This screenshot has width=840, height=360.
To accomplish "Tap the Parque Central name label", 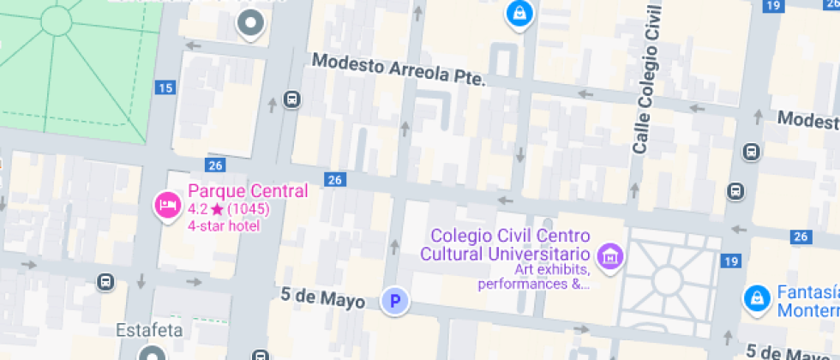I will (x=248, y=191).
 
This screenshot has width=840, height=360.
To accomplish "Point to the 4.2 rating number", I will (x=198, y=209).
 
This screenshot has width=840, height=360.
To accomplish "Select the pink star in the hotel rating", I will (x=218, y=209).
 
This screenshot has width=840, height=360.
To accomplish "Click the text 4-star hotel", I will (x=224, y=226).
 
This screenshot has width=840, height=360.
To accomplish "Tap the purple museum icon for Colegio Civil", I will (x=611, y=255).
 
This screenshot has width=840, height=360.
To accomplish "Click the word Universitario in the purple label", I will (x=537, y=254).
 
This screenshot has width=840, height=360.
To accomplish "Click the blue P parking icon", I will (x=395, y=301).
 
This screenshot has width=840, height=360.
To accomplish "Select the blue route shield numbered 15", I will (x=166, y=87).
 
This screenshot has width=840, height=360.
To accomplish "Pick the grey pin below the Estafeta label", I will (x=153, y=353).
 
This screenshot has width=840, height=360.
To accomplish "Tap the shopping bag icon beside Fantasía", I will (x=757, y=297).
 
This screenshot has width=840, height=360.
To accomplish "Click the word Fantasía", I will (x=807, y=292).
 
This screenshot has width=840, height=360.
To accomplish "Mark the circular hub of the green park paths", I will (x=57, y=19).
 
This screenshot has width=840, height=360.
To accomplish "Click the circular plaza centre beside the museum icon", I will (x=667, y=279).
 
